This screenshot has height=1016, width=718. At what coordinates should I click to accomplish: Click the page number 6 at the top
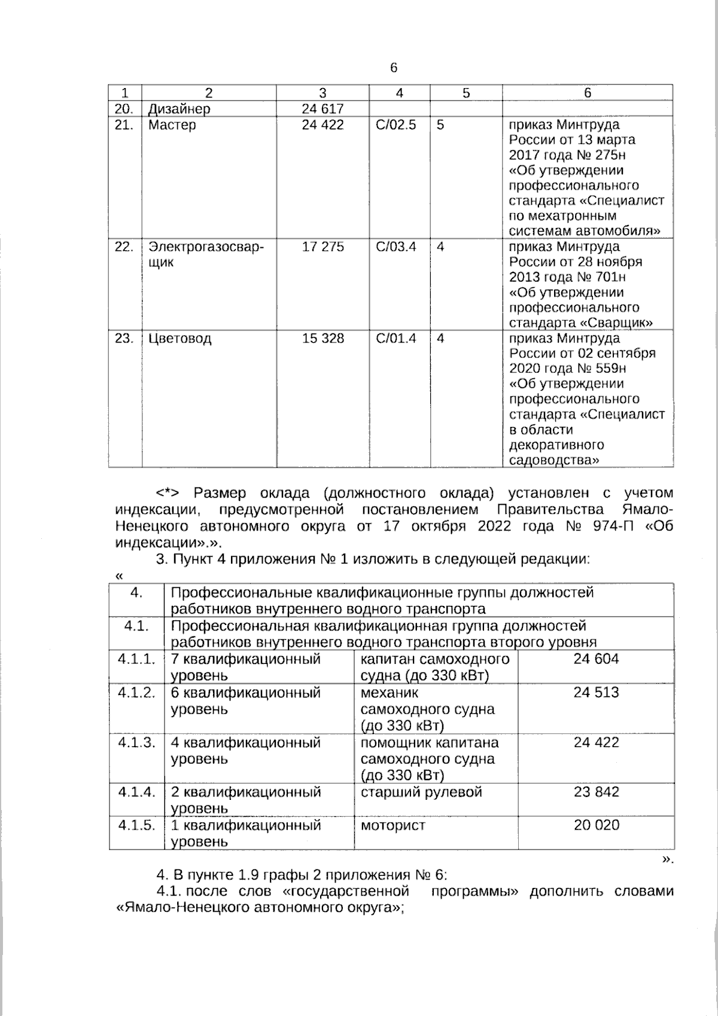click(394, 68)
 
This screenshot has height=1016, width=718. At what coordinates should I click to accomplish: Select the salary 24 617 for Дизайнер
click(323, 109)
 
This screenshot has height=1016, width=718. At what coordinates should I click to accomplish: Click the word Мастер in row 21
click(172, 125)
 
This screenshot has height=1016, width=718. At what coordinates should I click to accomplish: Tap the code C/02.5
click(396, 125)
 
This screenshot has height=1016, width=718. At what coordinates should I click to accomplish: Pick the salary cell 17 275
click(323, 247)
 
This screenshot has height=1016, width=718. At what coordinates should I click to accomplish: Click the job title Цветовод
click(180, 338)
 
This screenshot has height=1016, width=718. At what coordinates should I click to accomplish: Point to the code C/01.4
click(396, 338)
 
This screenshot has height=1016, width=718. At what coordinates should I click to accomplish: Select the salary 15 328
click(323, 338)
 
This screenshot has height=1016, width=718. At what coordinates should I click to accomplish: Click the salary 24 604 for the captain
click(596, 659)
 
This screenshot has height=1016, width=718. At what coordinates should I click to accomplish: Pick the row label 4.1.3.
click(136, 742)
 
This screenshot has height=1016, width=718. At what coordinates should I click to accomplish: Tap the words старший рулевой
click(421, 792)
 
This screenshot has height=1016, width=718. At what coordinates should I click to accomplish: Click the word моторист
click(393, 825)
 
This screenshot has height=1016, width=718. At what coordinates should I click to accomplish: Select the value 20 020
click(596, 825)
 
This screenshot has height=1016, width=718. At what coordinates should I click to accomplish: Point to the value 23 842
click(596, 792)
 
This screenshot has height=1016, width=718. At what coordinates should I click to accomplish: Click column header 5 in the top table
click(466, 93)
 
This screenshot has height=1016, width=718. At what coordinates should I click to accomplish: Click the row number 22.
click(124, 247)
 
